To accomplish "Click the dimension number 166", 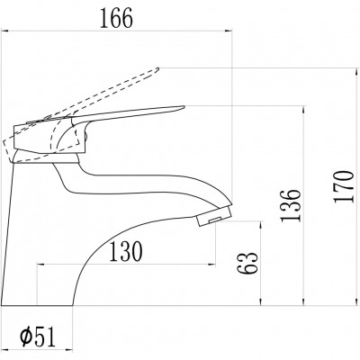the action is pyautogui.click(x=116, y=18).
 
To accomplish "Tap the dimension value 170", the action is pyautogui.click(x=344, y=187).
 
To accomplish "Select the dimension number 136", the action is pyautogui.click(x=290, y=205).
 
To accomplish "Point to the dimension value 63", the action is pyautogui.click(x=247, y=263).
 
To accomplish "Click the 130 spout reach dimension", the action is pyautogui.click(x=125, y=252).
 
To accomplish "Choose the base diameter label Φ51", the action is pyautogui.click(x=38, y=337).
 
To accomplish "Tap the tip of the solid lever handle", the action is pyautogui.click(x=184, y=106).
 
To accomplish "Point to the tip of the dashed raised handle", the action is pyautogui.click(x=157, y=69).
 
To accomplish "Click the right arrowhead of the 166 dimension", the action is pyautogui.click(x=229, y=31).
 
